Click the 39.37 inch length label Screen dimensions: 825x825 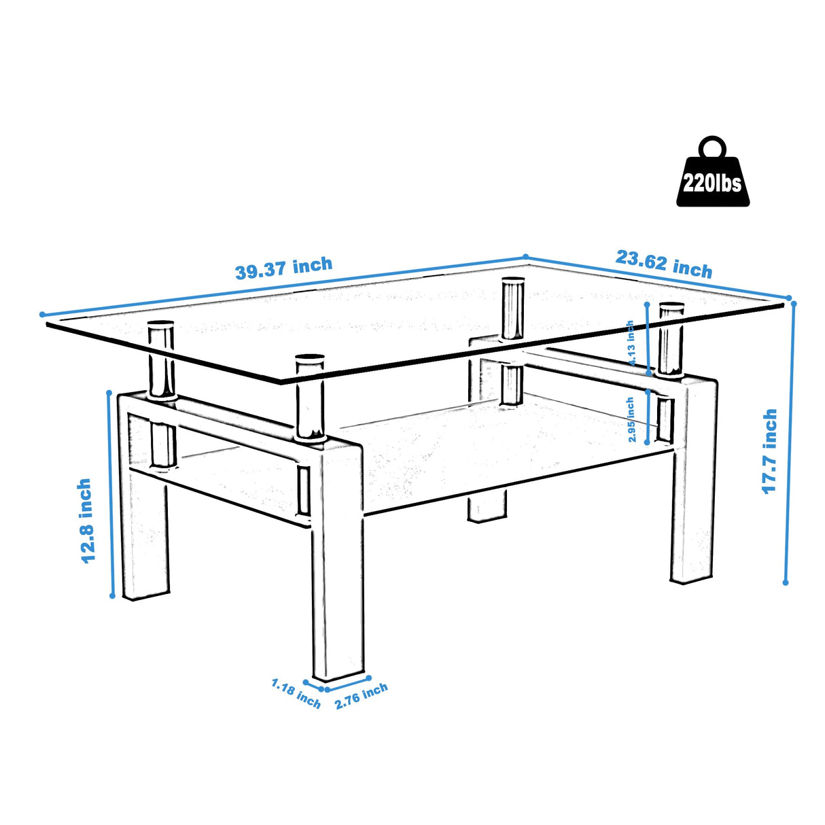point(283,268)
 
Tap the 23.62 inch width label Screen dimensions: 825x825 point(664,264)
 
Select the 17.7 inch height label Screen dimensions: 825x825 point(769,451)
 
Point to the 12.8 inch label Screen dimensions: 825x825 point(86,521)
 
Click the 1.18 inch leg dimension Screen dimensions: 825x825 point(296,693)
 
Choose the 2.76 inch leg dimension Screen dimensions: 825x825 point(361,696)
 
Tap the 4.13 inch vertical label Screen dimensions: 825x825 point(631,343)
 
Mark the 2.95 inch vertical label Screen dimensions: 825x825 point(631,420)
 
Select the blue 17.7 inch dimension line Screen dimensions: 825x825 point(790,442)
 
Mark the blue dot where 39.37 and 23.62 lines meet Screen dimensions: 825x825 point(525,257)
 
